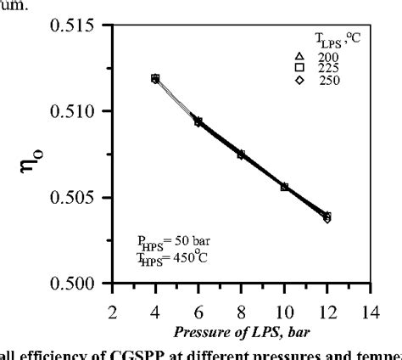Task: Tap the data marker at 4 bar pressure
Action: pyautogui.click(x=155, y=78)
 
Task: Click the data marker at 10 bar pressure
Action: pyautogui.click(x=284, y=187)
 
